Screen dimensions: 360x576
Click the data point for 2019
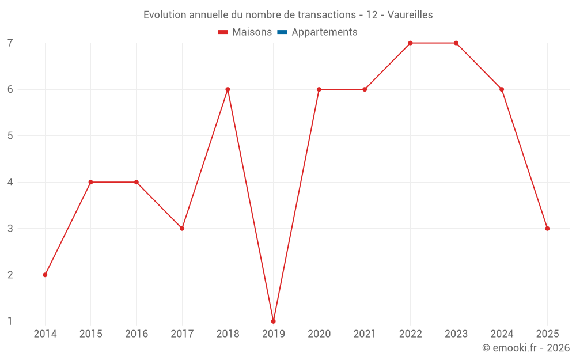click(273, 321)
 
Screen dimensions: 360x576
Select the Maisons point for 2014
click(45, 275)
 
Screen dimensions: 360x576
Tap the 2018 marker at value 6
click(228, 89)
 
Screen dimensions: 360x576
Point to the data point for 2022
click(410, 43)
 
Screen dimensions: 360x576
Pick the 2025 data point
click(547, 229)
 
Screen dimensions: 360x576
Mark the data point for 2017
click(182, 229)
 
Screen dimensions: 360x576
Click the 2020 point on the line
click(319, 89)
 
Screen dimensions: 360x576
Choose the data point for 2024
click(502, 89)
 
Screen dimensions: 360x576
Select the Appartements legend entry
click(324, 32)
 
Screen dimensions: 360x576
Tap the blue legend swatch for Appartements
click(282, 32)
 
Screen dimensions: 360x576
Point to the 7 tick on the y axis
click(10, 43)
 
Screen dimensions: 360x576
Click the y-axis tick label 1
click(10, 321)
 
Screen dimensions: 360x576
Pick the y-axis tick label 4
click(10, 182)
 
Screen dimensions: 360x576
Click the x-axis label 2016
click(137, 334)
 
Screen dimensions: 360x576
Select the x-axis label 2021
click(365, 334)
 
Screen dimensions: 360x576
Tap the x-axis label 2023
click(456, 334)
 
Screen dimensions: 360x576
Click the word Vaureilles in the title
click(410, 14)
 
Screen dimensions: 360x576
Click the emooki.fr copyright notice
click(526, 348)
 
